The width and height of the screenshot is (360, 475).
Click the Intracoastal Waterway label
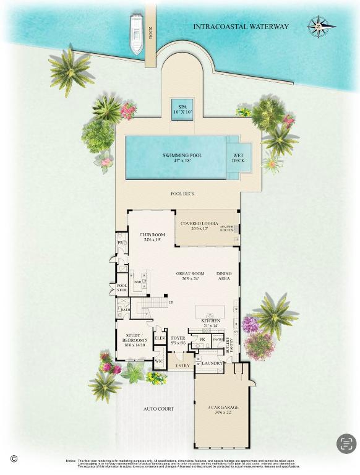click(x=241, y=27)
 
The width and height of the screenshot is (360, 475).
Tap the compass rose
click(x=321, y=26)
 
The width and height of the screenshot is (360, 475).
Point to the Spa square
click(x=182, y=109)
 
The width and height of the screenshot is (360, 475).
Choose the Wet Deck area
click(x=238, y=158)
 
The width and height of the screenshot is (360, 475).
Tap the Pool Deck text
click(x=182, y=194)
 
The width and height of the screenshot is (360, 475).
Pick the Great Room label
click(x=189, y=275)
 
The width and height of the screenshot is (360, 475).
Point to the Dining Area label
click(x=224, y=276)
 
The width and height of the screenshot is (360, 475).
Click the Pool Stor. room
click(x=122, y=288)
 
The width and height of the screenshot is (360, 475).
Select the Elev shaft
click(x=159, y=338)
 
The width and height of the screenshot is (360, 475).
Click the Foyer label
click(x=178, y=341)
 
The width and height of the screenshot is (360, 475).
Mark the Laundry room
click(x=211, y=364)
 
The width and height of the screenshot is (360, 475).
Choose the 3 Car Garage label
click(x=221, y=409)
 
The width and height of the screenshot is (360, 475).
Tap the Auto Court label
click(x=159, y=409)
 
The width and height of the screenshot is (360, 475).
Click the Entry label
click(x=182, y=366)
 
